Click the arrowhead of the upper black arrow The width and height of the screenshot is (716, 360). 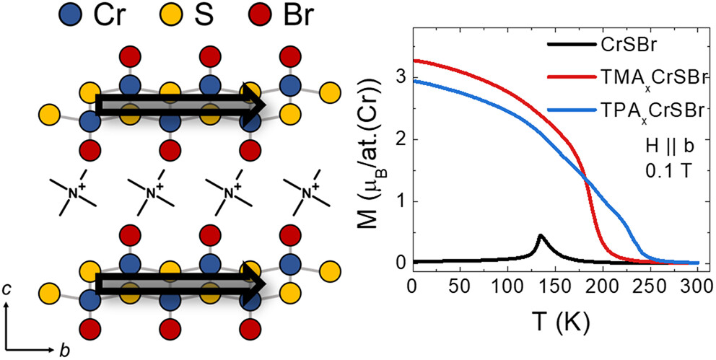tap(256, 105)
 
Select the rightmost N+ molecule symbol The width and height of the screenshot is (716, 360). tap(307, 191)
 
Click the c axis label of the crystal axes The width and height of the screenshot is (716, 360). tap(7, 290)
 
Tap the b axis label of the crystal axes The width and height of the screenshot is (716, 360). tap(64, 351)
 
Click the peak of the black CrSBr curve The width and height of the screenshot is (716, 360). tap(540, 236)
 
